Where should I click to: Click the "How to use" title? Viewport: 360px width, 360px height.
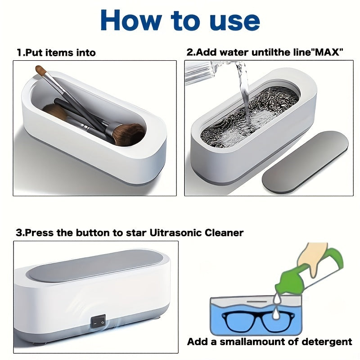point(180,20)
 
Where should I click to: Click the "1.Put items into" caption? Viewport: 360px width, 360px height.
point(56,52)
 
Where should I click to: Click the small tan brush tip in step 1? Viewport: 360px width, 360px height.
point(41,71)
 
